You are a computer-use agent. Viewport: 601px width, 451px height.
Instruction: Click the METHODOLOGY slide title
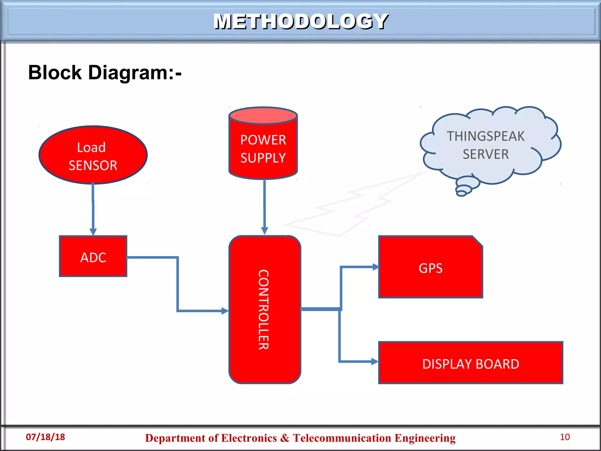coord(301,21)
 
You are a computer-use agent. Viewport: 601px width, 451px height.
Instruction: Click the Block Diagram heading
coord(105,73)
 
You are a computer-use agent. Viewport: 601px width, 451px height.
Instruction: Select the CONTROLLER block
coord(264,310)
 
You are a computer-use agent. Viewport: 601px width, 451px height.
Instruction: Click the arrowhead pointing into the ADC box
coord(93,232)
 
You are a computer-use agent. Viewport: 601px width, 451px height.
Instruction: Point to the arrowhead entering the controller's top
coord(264,230)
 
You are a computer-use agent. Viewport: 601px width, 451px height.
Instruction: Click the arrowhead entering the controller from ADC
coord(225,311)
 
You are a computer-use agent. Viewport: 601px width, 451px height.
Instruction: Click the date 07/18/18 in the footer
coord(45,437)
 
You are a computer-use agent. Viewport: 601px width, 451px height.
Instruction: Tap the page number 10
coord(565,437)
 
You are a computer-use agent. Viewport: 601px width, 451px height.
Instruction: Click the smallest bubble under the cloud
coord(461,193)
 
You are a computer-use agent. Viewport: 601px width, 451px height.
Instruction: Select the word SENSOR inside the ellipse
coord(93,165)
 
